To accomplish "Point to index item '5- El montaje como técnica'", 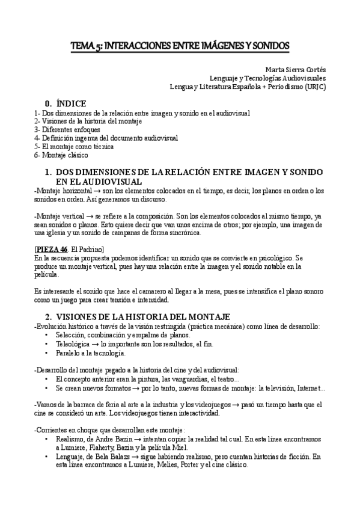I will [73, 146].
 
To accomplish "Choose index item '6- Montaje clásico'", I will [62, 155].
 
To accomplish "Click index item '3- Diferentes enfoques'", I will [67, 129].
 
